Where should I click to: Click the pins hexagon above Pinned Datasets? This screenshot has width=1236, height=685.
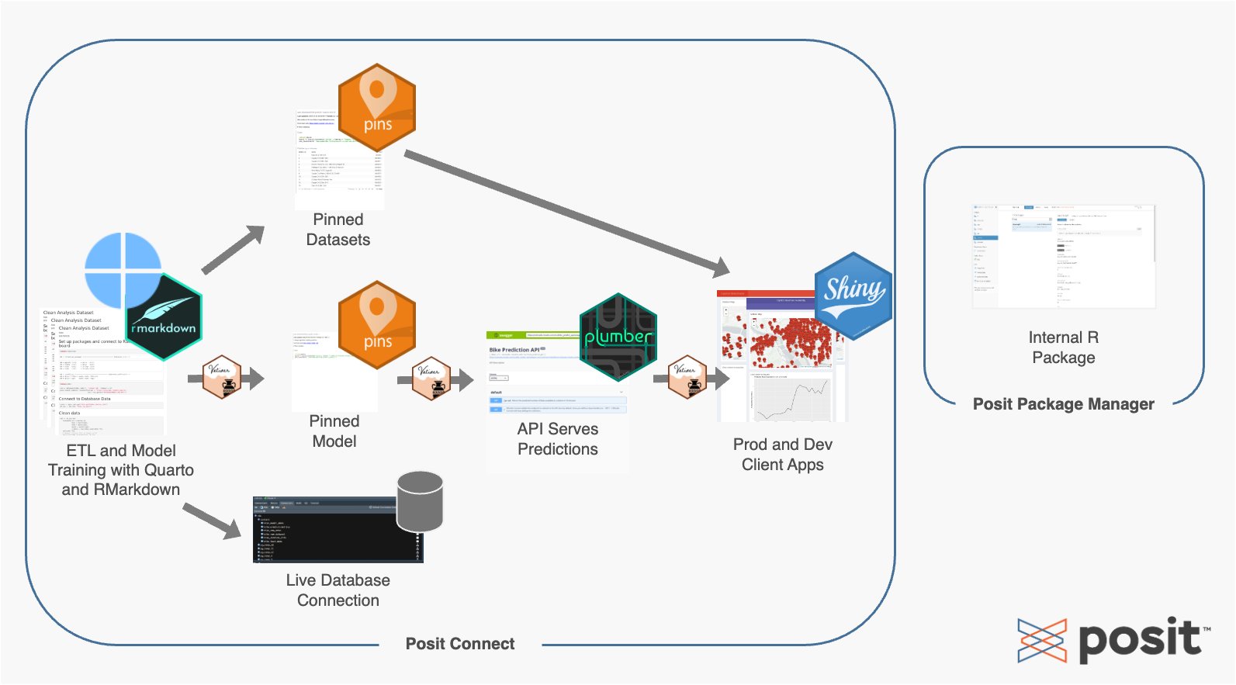[x=377, y=108]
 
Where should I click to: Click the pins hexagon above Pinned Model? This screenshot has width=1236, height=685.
[x=377, y=325]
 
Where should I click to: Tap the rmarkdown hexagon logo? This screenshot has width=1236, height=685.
[x=164, y=317]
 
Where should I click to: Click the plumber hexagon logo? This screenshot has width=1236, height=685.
[x=618, y=337]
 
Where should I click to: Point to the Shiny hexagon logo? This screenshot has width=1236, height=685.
[x=853, y=296]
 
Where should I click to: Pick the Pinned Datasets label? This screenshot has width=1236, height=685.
[x=338, y=230]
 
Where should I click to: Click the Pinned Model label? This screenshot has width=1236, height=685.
[x=334, y=431]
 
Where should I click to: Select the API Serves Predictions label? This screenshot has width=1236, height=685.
[x=558, y=439]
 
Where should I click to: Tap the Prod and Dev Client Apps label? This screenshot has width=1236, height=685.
[x=783, y=455]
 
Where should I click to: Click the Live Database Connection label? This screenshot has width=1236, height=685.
[x=338, y=590]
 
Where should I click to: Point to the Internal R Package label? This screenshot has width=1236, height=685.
[x=1064, y=348]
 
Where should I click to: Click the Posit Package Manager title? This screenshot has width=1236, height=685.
[x=1064, y=404]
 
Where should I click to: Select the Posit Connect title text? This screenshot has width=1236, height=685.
[x=460, y=644]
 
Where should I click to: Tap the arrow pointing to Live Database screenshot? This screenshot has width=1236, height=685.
[x=212, y=521]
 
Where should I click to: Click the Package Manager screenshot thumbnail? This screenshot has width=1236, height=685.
[x=1064, y=256]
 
